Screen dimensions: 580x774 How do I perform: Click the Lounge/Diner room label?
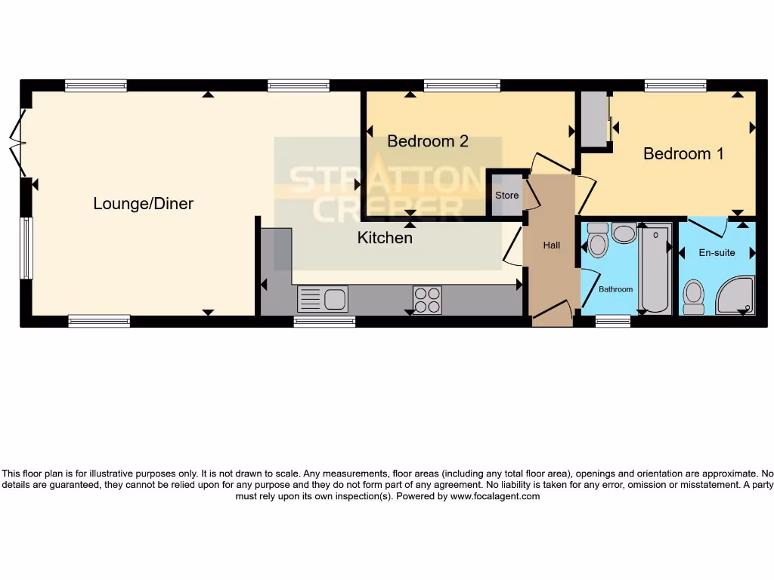pyautogui.click(x=143, y=203)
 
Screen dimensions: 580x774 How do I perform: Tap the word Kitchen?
pyautogui.click(x=385, y=238)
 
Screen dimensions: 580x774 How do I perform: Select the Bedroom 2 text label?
pyautogui.click(x=428, y=141)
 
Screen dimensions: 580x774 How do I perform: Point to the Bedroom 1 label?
pyautogui.click(x=683, y=153)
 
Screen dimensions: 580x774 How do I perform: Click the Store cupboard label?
pyautogui.click(x=506, y=196)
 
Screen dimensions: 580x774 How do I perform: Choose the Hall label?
pyautogui.click(x=552, y=245)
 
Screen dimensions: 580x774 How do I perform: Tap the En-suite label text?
pyautogui.click(x=717, y=253)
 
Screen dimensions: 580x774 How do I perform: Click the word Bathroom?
pyautogui.click(x=616, y=289)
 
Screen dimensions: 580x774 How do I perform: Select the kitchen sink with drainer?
pyautogui.click(x=323, y=299)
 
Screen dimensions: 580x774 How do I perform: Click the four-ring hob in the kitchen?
pyautogui.click(x=427, y=299)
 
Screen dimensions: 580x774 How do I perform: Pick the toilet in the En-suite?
pyautogui.click(x=692, y=297)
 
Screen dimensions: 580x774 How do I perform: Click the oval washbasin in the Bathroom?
pyautogui.click(x=624, y=233)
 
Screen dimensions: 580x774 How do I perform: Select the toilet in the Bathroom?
pyautogui.click(x=597, y=242)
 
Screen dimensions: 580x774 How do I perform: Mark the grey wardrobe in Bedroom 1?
pyautogui.click(x=594, y=119)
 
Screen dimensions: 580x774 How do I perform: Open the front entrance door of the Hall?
pyautogui.click(x=552, y=310)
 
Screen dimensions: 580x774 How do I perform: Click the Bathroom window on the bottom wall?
pyautogui.click(x=612, y=321)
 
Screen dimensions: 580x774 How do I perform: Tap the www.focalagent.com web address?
pyautogui.click(x=495, y=497)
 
